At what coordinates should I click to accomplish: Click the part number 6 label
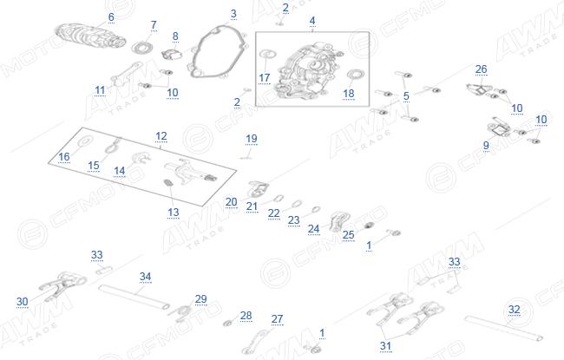tap(111, 16)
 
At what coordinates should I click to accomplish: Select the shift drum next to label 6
tap(90, 36)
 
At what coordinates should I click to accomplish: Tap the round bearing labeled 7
tap(143, 48)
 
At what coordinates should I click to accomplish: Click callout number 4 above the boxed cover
tap(312, 21)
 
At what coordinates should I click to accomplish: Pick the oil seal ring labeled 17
tap(267, 55)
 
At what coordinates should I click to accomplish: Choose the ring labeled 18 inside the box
tap(356, 75)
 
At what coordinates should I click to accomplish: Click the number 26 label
tap(481, 69)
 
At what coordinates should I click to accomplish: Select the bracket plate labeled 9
tap(498, 129)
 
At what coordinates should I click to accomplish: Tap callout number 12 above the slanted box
tap(161, 136)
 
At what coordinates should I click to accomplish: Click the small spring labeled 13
tap(168, 183)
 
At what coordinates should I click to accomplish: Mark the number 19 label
tap(252, 139)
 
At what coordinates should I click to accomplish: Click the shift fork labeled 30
tap(63, 285)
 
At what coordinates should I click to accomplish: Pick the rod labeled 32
tap(503, 328)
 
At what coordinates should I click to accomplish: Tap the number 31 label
tap(385, 346)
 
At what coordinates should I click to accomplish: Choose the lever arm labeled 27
tap(256, 343)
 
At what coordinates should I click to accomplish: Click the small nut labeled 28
tap(227, 324)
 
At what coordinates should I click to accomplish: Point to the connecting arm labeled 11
tap(126, 74)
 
